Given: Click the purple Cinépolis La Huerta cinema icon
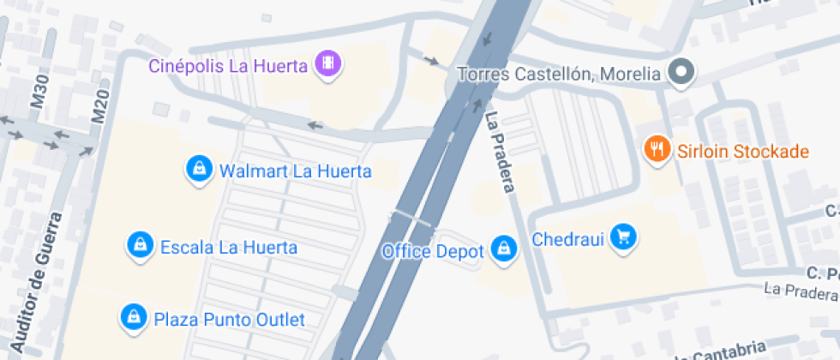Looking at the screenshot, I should [x=328, y=63].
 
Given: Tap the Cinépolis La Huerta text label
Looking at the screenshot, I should [x=228, y=66].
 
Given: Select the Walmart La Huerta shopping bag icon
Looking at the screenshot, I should [x=199, y=169].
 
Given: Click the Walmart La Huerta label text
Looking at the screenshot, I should [x=296, y=171].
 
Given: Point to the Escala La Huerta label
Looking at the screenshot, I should [x=229, y=248].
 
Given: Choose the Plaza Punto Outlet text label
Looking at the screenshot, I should [x=229, y=320].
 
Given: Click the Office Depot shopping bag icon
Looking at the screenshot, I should [x=505, y=249].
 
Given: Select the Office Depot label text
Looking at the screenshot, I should [x=434, y=251].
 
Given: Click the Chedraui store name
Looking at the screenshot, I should [x=568, y=238].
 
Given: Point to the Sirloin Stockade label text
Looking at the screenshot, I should [x=742, y=152].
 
